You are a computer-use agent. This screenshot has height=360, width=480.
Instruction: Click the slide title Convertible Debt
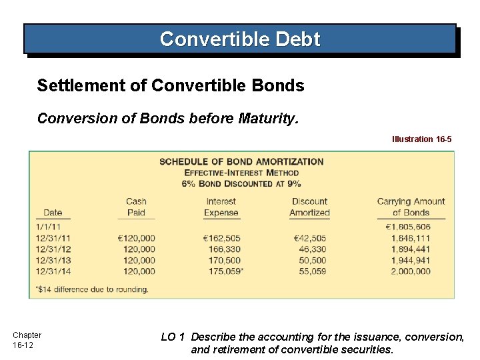[240, 39]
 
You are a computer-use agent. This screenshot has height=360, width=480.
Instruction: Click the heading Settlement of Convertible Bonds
[171, 86]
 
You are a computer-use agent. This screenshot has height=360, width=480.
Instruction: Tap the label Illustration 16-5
[421, 139]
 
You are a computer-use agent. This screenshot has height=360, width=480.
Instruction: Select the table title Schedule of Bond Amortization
[241, 161]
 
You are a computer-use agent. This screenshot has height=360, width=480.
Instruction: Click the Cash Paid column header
[136, 207]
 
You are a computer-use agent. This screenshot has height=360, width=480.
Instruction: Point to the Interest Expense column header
[221, 207]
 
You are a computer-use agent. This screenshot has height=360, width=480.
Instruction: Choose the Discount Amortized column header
[309, 207]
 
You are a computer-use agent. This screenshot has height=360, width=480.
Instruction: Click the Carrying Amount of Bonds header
[411, 207]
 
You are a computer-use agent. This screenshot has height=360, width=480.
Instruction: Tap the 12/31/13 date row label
[53, 261]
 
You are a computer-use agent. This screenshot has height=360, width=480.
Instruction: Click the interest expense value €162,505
[222, 239]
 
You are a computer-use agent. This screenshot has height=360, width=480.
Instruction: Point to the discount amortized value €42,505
[309, 239]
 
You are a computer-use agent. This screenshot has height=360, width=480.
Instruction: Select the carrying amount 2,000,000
[411, 271]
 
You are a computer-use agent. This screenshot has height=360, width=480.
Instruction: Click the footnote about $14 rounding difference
[92, 289]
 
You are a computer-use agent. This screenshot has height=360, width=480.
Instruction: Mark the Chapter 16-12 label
[27, 340]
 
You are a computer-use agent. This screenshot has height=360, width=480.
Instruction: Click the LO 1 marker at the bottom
[173, 337]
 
